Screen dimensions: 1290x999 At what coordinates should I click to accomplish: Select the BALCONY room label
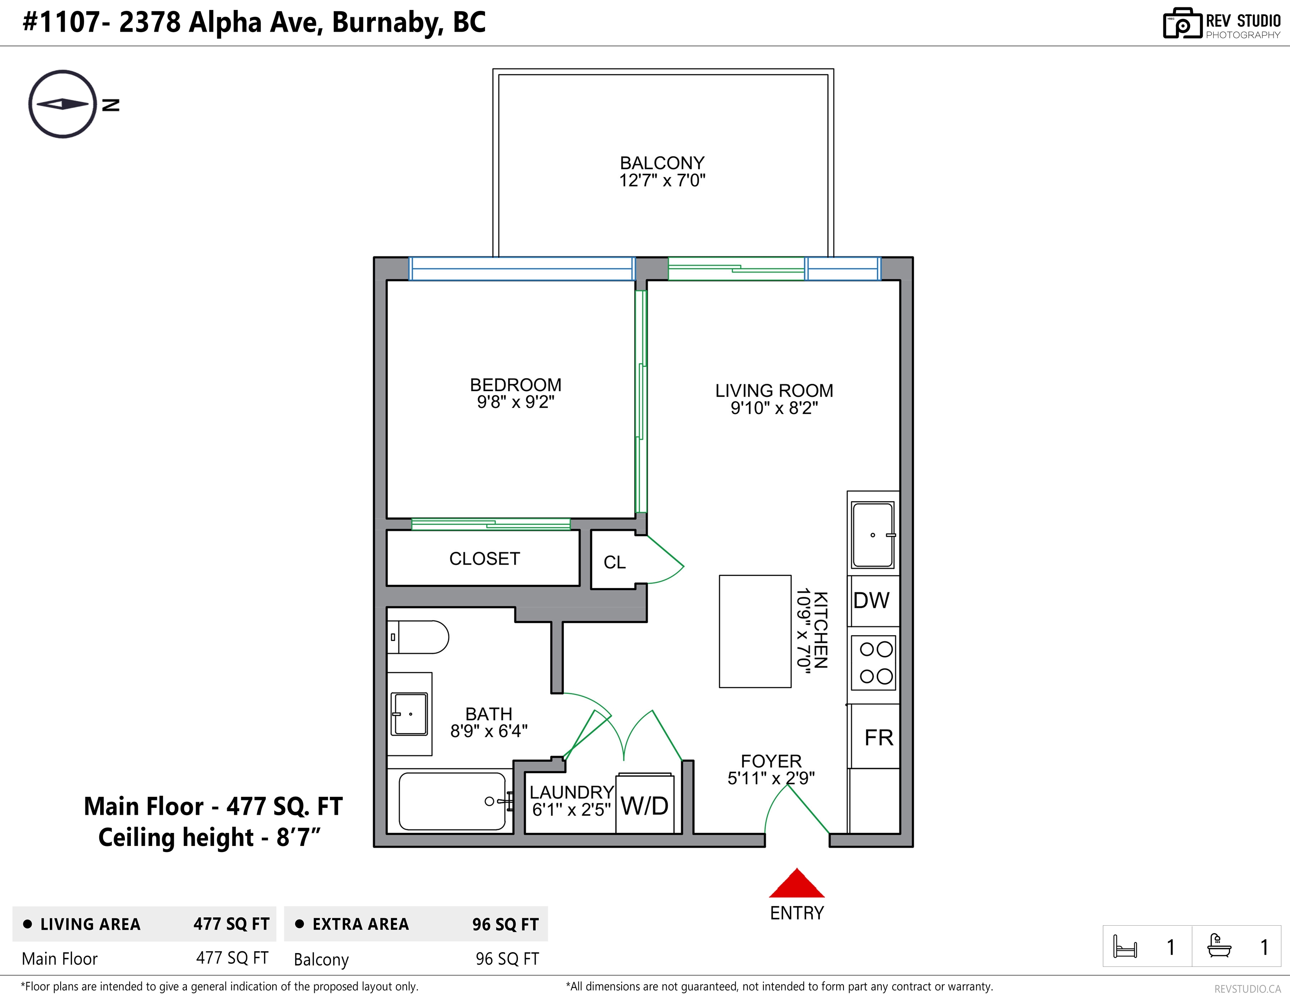coord(662,163)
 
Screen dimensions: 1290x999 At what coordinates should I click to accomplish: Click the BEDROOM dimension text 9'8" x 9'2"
coord(516,402)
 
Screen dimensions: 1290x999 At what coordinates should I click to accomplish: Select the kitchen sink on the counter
coord(873,535)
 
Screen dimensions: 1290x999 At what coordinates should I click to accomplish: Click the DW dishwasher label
coord(871,601)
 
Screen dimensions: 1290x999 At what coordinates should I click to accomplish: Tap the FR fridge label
coord(879,738)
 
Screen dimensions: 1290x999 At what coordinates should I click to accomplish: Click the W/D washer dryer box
coord(645,803)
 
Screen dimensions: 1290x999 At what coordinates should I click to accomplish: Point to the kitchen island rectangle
coord(755,631)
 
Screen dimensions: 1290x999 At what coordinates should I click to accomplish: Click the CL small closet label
coord(614,562)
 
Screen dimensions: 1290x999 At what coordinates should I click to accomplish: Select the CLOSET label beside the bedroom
coord(484,558)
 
